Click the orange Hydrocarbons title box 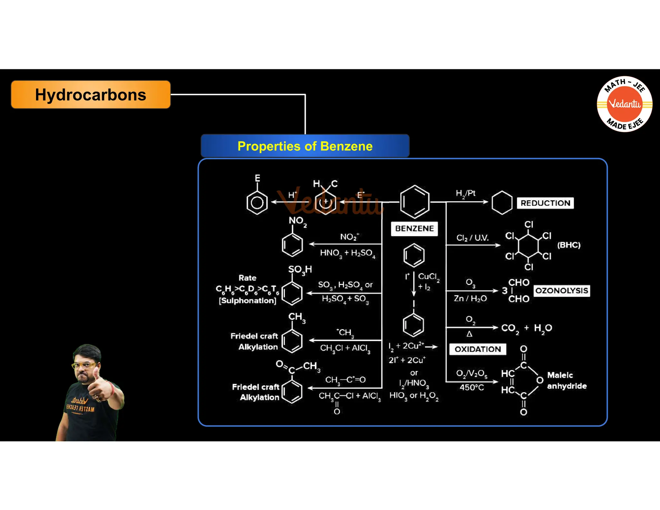click(x=91, y=95)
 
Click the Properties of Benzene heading click(x=305, y=146)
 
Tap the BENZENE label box click(x=414, y=229)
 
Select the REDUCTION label click(x=545, y=203)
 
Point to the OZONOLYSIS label click(x=561, y=290)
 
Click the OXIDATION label click(x=478, y=349)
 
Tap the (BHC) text click(x=569, y=245)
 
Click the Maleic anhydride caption click(x=567, y=380)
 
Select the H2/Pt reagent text click(x=465, y=193)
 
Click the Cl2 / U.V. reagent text click(x=472, y=238)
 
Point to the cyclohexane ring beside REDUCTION click(x=502, y=203)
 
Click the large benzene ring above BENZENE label click(x=414, y=202)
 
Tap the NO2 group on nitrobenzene click(x=297, y=221)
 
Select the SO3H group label click(x=300, y=270)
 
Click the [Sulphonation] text click(x=247, y=301)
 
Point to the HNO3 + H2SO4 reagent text click(x=347, y=253)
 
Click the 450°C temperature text click(x=471, y=387)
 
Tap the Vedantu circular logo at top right click(x=624, y=104)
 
